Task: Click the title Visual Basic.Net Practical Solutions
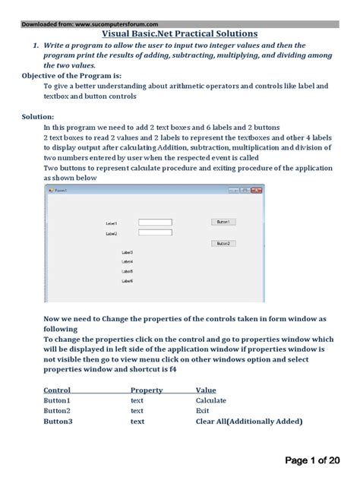(180, 34)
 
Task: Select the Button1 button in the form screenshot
(223, 222)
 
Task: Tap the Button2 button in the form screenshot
(223, 243)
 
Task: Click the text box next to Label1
(156, 223)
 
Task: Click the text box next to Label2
(156, 233)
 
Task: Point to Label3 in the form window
(128, 252)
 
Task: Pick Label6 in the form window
(128, 280)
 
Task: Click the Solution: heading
(38, 116)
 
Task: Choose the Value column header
(206, 390)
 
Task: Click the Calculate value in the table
(210, 400)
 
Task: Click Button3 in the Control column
(58, 421)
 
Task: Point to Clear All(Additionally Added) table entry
(248, 421)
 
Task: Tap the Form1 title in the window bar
(60, 190)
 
